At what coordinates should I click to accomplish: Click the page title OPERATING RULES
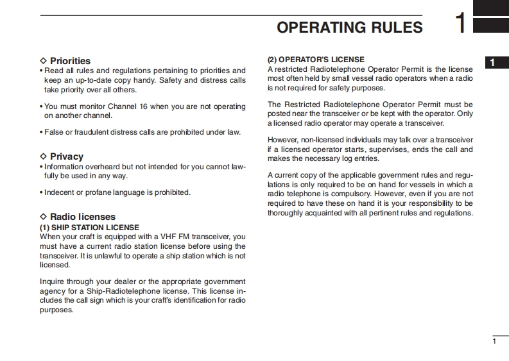(x=349, y=27)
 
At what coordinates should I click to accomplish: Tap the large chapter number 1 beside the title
(x=460, y=24)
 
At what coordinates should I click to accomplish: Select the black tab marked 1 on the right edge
(x=492, y=62)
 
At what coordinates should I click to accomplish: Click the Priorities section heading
(x=70, y=61)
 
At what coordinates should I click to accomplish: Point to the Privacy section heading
(x=67, y=156)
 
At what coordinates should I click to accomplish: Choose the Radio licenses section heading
(x=83, y=217)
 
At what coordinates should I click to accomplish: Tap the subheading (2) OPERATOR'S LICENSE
(x=316, y=60)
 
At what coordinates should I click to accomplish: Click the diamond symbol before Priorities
(x=44, y=61)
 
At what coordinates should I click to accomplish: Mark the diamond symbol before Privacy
(x=44, y=156)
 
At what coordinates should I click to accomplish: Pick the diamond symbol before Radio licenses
(x=44, y=217)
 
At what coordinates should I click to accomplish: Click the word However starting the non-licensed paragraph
(x=283, y=140)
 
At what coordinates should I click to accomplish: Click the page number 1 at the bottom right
(x=494, y=341)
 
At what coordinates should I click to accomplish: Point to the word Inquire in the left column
(x=53, y=281)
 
